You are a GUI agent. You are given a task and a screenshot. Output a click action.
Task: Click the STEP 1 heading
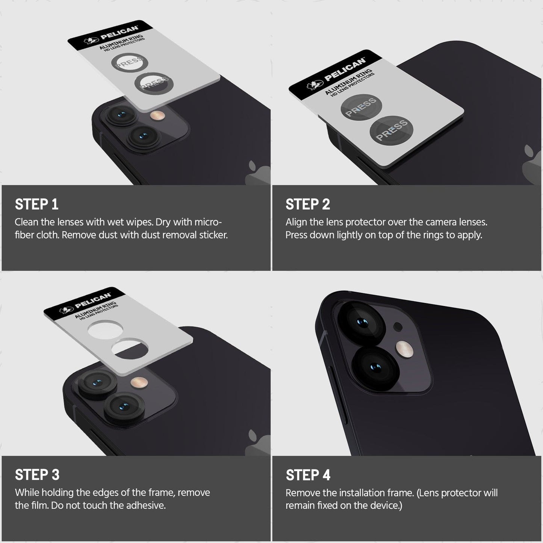[36, 204]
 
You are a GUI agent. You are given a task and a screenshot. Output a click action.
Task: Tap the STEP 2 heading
[308, 204]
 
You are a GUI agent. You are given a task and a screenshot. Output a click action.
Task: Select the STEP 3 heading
[37, 475]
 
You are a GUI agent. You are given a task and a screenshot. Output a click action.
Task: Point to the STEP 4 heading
[308, 475]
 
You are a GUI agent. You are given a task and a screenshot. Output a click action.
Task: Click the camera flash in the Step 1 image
[157, 115]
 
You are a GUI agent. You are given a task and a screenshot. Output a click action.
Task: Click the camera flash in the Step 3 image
[139, 382]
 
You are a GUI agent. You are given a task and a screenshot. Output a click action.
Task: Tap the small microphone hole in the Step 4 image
[398, 327]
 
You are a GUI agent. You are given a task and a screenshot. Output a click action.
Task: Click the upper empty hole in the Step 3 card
[105, 330]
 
